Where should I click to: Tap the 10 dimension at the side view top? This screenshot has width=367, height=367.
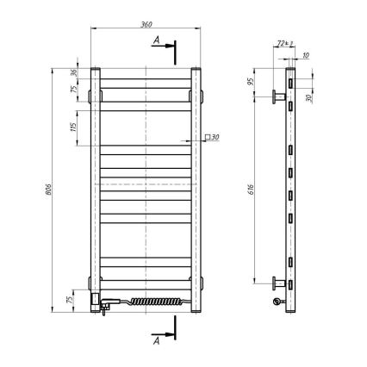(x=308, y=55)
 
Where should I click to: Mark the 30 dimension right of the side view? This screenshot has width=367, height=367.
(x=309, y=97)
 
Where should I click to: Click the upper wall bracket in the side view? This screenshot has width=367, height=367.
(x=280, y=96)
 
